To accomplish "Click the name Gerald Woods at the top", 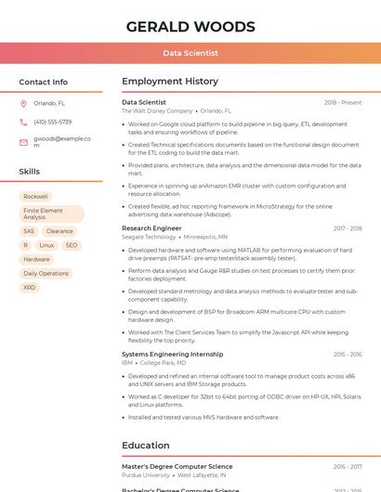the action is coord(190,26).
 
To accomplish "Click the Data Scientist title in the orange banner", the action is coord(190,54).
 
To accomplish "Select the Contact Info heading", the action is coord(44,82).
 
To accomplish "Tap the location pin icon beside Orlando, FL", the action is coord(23,104).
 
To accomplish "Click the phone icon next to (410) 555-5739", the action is coord(23,123).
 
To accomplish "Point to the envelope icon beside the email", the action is coord(23,142).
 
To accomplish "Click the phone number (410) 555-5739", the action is coord(52,123).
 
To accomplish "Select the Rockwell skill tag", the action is coord(35,197).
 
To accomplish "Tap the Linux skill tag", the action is coord(46,245).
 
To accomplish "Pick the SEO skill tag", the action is coord(72,245).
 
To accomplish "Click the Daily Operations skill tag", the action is coord(46,274).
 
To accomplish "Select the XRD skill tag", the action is coord(30,288).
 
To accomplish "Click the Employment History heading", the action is coord(170,82).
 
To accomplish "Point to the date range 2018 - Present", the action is coord(342,102).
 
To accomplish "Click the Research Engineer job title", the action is coord(151,227).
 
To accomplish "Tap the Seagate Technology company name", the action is coord(149,237).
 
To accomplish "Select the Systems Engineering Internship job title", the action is coord(172,354).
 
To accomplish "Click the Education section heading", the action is coord(146,446).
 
